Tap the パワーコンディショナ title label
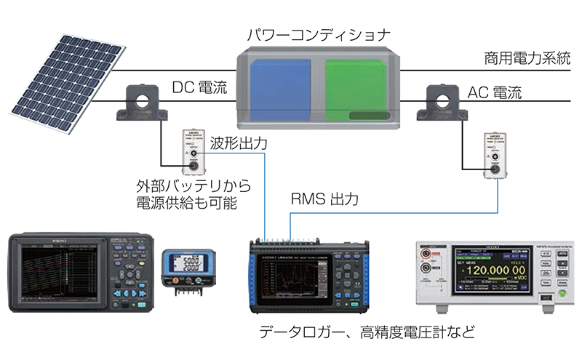pos(319,34)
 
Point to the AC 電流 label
pos(495,93)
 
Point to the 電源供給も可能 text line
pos(187,204)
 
